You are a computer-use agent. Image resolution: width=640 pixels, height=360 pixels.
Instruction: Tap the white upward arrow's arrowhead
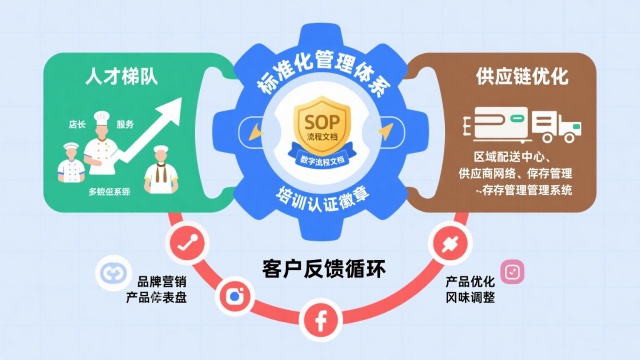(182, 103)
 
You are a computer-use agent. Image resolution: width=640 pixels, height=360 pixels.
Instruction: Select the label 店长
(78, 126)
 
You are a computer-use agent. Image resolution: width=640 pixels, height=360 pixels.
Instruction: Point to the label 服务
(125, 125)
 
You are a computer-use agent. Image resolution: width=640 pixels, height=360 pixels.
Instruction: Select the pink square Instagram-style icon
(512, 271)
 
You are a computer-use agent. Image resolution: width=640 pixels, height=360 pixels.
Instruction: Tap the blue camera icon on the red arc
(237, 295)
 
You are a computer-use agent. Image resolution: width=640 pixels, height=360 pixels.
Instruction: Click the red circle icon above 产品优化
(444, 243)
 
